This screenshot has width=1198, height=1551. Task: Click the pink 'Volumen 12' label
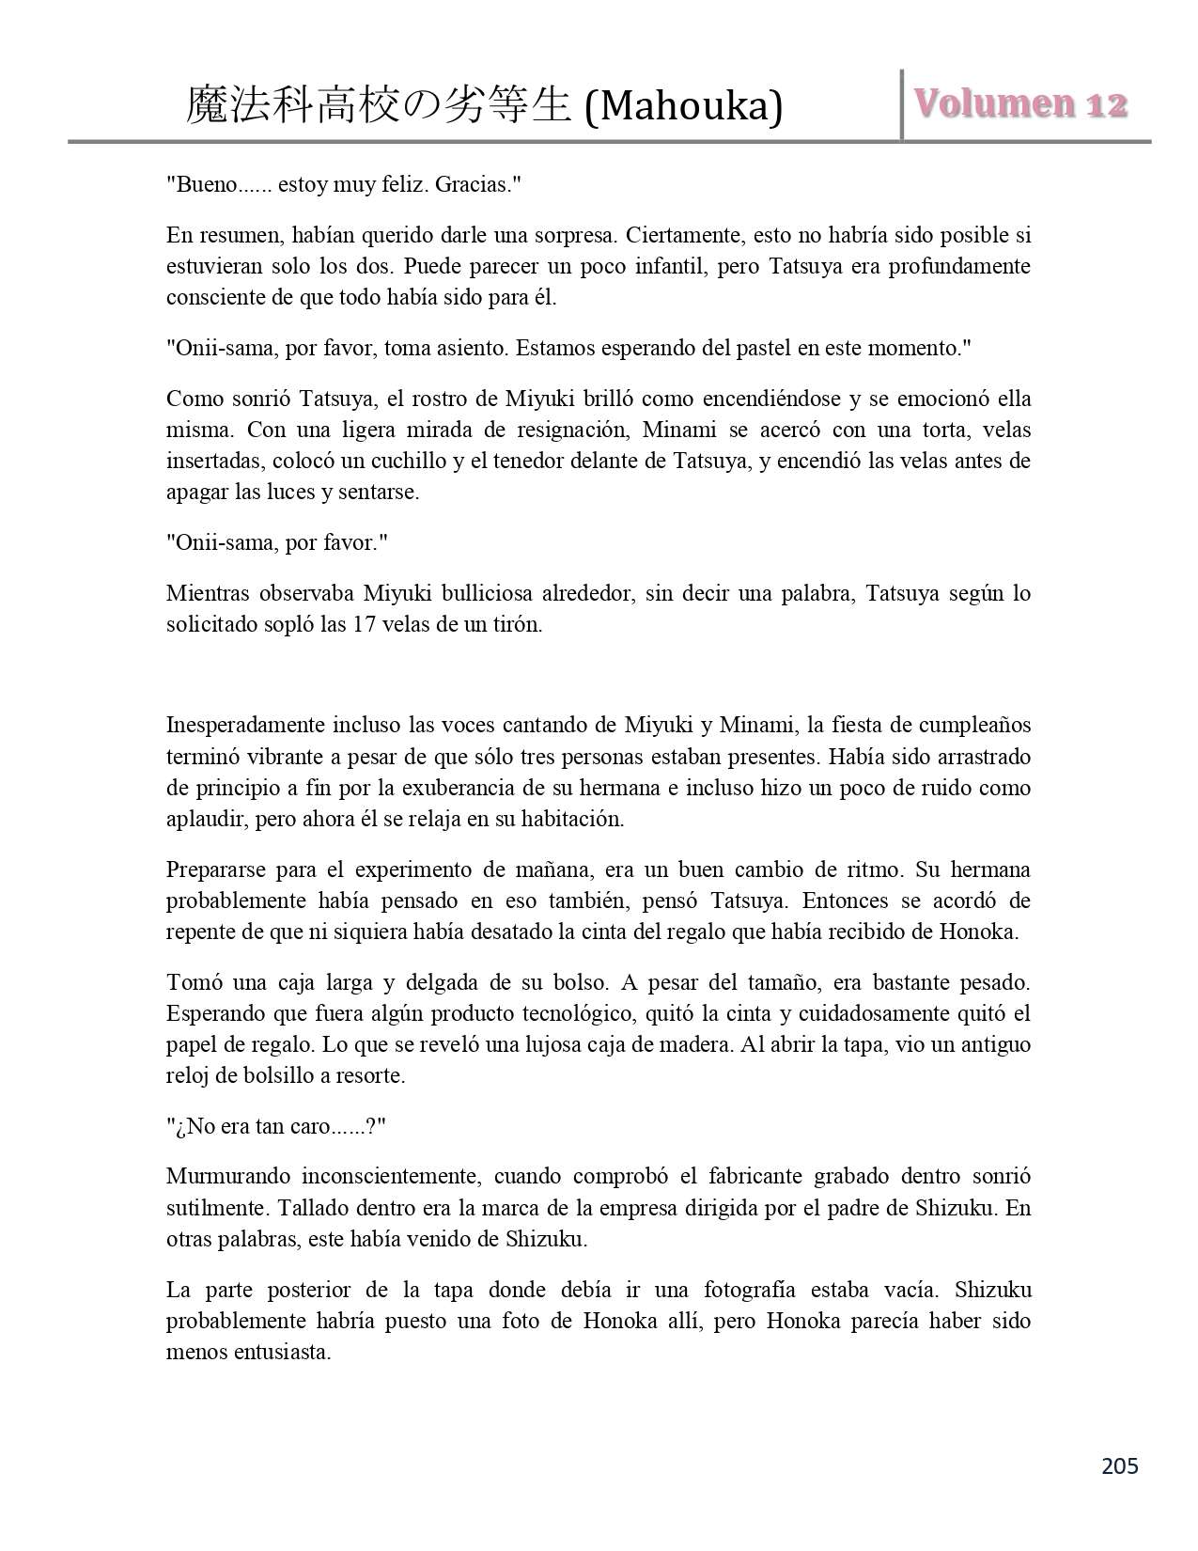(1020, 103)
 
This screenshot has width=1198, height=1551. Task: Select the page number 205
(1119, 1465)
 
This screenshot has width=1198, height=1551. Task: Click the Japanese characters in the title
(379, 105)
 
